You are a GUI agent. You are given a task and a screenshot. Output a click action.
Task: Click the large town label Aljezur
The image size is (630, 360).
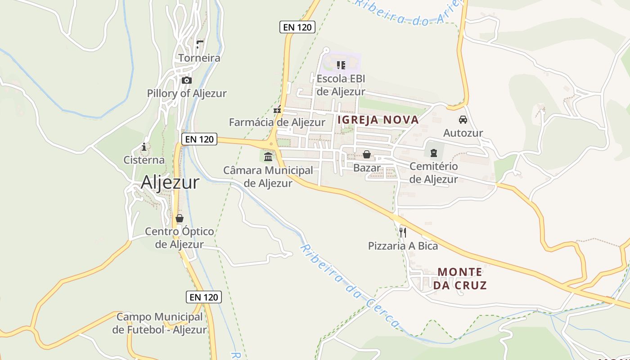pyautogui.click(x=170, y=182)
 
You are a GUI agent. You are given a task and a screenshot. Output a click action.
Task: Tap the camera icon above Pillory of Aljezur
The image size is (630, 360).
pyautogui.click(x=186, y=81)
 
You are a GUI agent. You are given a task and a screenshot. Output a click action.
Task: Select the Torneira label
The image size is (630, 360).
pyautogui.click(x=199, y=58)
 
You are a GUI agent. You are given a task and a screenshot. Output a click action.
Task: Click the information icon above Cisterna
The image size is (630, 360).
pyautogui.click(x=144, y=147)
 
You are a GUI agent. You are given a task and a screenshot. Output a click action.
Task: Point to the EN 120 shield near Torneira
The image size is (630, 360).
pyautogui.click(x=297, y=27)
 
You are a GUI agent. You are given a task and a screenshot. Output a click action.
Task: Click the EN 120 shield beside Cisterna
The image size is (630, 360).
pyautogui.click(x=199, y=139)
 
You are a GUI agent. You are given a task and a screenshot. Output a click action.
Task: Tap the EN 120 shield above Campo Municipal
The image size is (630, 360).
pyautogui.click(x=204, y=297)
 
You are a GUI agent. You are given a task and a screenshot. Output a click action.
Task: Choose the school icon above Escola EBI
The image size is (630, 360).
pyautogui.click(x=341, y=65)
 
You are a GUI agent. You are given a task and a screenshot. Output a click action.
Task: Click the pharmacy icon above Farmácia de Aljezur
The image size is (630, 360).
pyautogui.click(x=278, y=109)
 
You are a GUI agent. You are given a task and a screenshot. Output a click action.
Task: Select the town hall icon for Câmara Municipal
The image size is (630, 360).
pyautogui.click(x=268, y=157)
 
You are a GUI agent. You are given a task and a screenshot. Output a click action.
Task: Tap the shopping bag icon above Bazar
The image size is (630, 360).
pyautogui.click(x=367, y=155)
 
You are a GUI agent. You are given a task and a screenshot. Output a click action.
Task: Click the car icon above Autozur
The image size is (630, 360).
pyautogui.click(x=463, y=120)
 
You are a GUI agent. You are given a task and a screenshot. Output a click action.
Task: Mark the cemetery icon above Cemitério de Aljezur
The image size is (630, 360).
pyautogui.click(x=433, y=153)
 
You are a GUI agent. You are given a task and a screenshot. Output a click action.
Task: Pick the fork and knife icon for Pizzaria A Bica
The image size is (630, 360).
pyautogui.click(x=403, y=233)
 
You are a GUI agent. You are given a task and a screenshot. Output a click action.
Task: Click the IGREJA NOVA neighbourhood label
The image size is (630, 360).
pyautogui.click(x=378, y=120)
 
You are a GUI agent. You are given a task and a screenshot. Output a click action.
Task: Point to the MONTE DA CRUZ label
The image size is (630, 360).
pyautogui.click(x=460, y=279)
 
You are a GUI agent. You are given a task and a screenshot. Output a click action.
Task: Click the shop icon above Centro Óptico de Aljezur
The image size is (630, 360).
pyautogui.click(x=180, y=219)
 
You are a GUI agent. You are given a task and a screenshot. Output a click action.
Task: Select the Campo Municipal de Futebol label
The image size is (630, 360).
pyautogui.click(x=160, y=323)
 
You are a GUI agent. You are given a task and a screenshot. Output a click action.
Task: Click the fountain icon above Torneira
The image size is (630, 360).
pyautogui.click(x=200, y=44)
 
